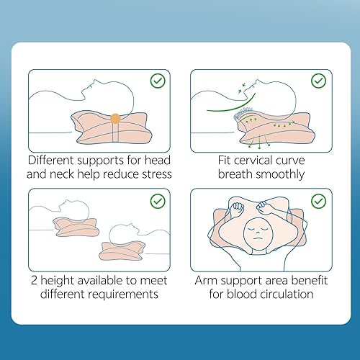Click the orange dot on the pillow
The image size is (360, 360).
coord(115,117)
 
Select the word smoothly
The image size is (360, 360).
coord(279,175)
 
